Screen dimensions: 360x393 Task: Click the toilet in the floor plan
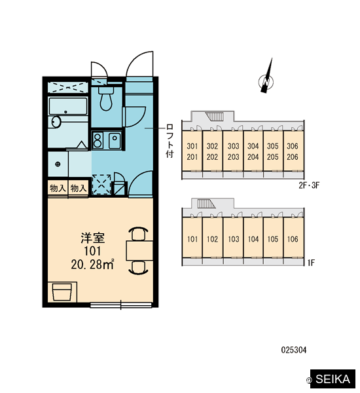point(106,98)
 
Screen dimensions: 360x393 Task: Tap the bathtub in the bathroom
point(68,106)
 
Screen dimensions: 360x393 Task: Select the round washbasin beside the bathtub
point(56,122)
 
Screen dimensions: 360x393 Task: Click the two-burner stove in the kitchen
point(98,140)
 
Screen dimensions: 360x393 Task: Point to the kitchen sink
point(115,140)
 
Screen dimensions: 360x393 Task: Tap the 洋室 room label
point(93,238)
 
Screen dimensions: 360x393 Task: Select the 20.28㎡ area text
point(93,265)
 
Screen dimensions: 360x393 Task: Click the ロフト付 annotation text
point(170,141)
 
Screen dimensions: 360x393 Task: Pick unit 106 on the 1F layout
point(293,239)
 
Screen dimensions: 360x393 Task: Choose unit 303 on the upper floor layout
point(233,146)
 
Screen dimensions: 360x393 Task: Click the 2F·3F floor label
point(309,185)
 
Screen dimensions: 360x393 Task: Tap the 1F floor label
point(311,263)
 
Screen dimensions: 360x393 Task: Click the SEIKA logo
point(333,379)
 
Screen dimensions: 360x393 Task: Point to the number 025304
point(294,350)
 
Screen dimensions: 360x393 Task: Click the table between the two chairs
point(139,251)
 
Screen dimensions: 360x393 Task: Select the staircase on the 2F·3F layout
point(215,117)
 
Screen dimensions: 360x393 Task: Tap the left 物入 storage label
point(58,188)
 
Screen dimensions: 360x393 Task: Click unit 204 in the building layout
point(253,157)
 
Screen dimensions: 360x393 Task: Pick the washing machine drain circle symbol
point(58,164)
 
